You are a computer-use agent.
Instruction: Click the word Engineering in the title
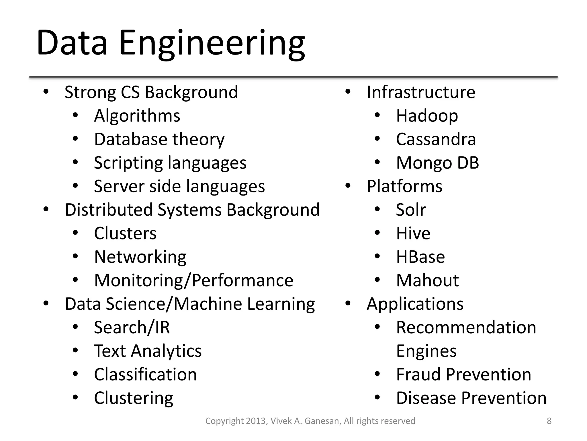(x=212, y=43)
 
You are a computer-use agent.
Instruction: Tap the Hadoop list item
(x=427, y=116)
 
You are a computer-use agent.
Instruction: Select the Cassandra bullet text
(x=436, y=139)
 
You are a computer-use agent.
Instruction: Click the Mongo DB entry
(x=437, y=163)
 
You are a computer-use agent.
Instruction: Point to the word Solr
(x=411, y=210)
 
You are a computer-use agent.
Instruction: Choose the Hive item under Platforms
(x=413, y=233)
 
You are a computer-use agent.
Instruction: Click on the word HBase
(x=420, y=257)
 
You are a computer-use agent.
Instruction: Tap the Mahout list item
(x=427, y=280)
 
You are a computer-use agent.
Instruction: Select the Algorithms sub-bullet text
(x=137, y=116)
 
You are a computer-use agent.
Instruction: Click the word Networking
(x=140, y=257)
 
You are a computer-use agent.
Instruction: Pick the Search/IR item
(x=132, y=327)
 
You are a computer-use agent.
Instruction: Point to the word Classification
(x=145, y=374)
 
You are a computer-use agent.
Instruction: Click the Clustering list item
(x=134, y=398)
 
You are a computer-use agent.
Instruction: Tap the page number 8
(x=549, y=421)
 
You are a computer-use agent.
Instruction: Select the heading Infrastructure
(x=421, y=92)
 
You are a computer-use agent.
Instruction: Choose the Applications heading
(x=415, y=304)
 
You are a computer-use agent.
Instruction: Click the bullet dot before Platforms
(x=348, y=186)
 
